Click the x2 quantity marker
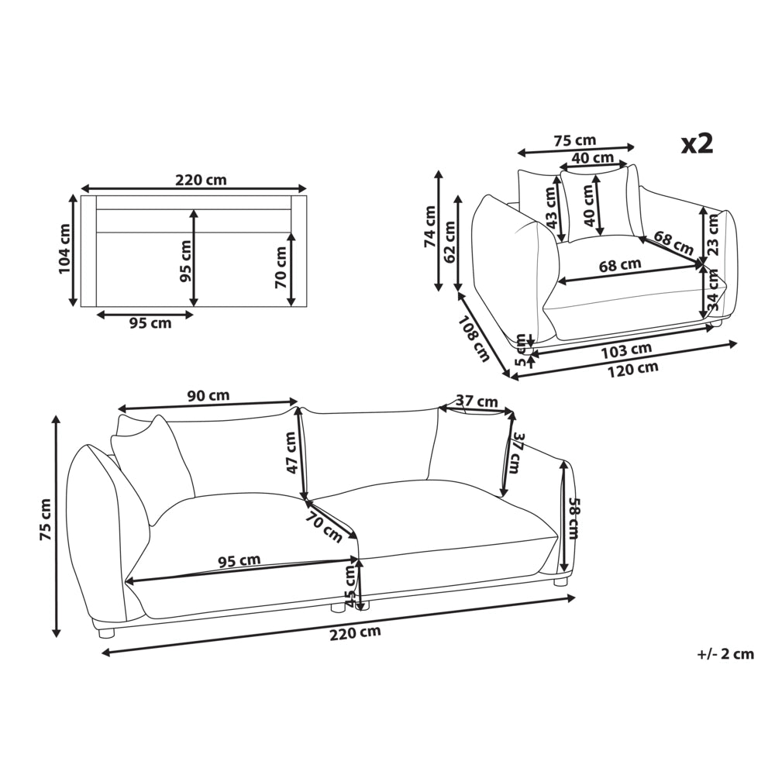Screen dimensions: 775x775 pyautogui.click(x=697, y=144)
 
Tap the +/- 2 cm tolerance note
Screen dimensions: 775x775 pyautogui.click(x=725, y=654)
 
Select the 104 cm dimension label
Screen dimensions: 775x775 pyautogui.click(x=65, y=250)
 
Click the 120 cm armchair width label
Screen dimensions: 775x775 pyautogui.click(x=633, y=369)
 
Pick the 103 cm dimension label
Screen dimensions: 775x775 pyautogui.click(x=627, y=350)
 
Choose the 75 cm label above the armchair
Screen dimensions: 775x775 pyautogui.click(x=574, y=140)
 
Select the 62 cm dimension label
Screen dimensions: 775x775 pyautogui.click(x=449, y=242)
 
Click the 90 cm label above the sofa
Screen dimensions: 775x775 pyautogui.click(x=208, y=395)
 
